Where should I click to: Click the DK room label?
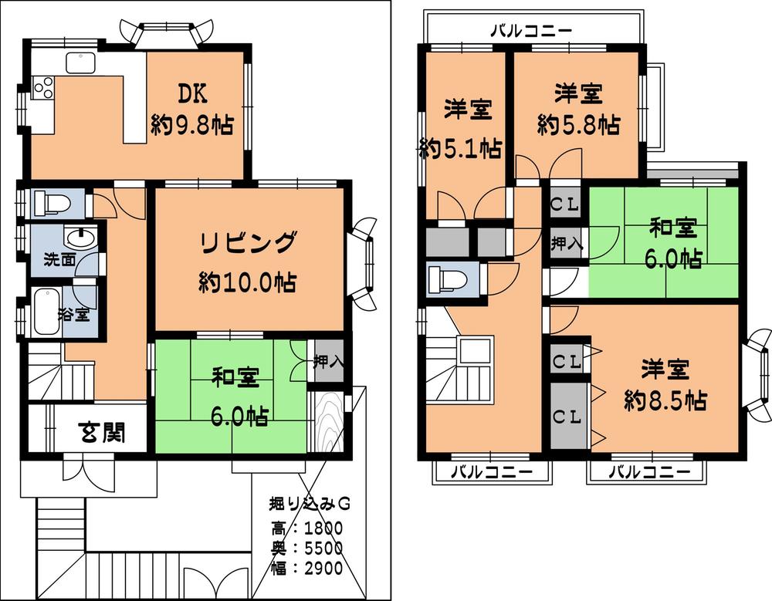pos(192,93)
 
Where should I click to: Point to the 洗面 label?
pos(58,260)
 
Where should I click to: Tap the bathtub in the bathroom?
pos(46,311)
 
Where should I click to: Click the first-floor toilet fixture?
pos(52,204)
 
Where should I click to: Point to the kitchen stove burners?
pos(43,87)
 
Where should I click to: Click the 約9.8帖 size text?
pos(192,125)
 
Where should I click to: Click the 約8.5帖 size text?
pos(665,401)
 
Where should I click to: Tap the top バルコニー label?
pos(532,32)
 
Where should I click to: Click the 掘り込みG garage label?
pos(310,503)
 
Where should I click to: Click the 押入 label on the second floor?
pos(566,245)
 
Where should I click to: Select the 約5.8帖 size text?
pos(578,124)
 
